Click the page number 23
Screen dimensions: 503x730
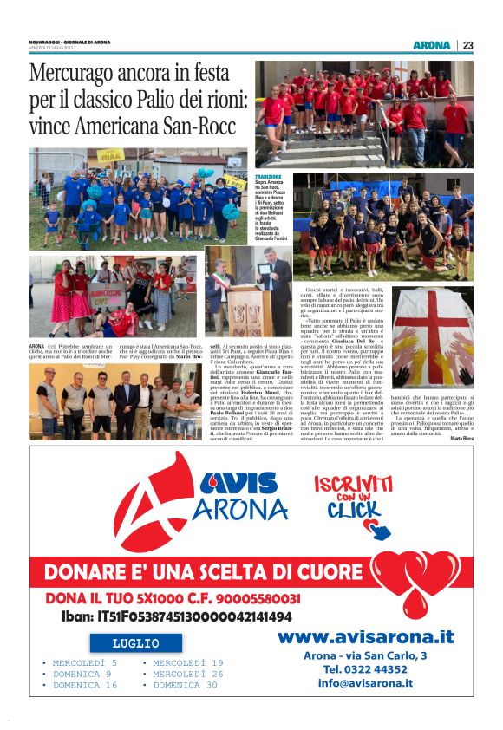coord(468,45)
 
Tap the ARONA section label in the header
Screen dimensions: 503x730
coord(431,45)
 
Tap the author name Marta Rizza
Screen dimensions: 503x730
coord(461,439)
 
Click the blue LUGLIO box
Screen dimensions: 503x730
coord(136,643)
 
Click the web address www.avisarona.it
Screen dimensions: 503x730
coord(366,637)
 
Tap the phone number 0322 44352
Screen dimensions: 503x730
coord(365,668)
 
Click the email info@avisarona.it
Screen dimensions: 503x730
coord(365,683)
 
